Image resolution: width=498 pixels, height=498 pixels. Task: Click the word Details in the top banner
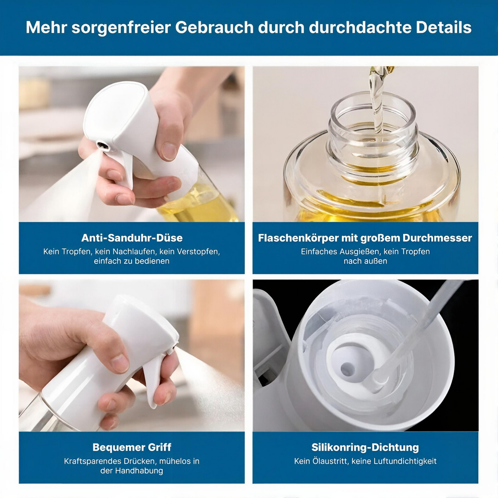pyautogui.click(x=444, y=27)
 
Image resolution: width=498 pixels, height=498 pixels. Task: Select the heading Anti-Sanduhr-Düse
pyautogui.click(x=132, y=238)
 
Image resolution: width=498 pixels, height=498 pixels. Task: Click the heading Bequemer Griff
pyautogui.click(x=132, y=447)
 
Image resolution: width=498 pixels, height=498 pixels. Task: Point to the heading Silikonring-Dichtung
pyautogui.click(x=365, y=447)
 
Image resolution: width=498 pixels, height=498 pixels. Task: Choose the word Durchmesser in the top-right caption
pyautogui.click(x=437, y=238)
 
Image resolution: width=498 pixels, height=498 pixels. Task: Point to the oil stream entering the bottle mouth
pyautogui.click(x=377, y=104)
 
